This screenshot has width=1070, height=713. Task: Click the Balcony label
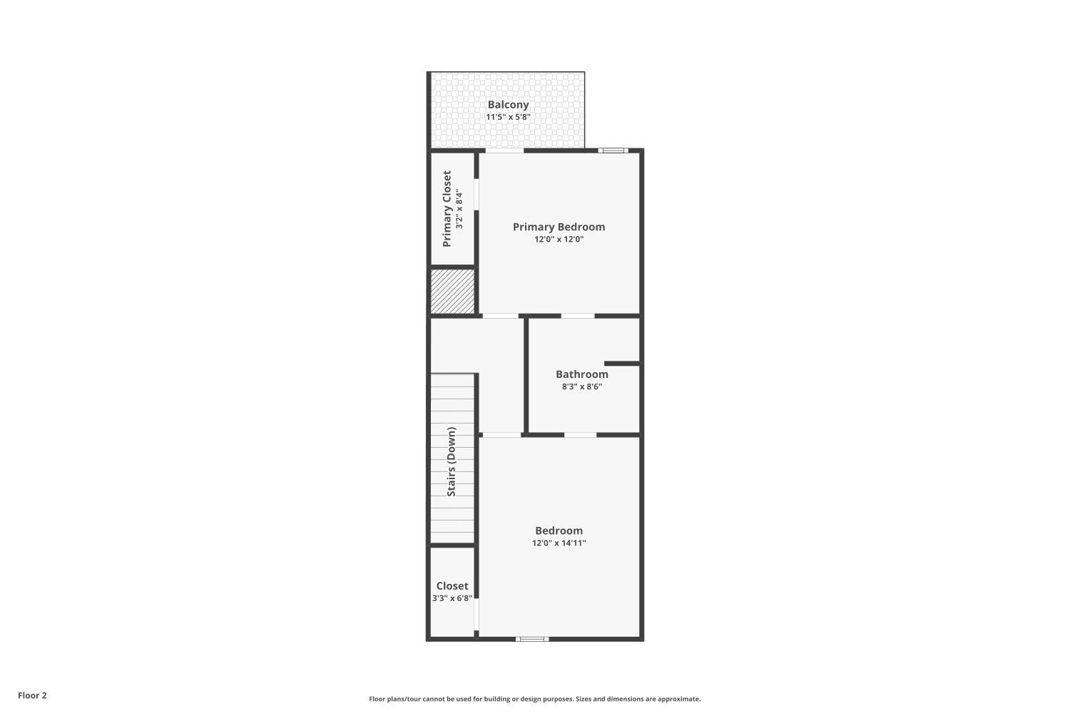coord(508,105)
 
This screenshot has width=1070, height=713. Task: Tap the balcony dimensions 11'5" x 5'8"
coord(508,117)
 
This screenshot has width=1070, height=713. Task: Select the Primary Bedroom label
coord(559,227)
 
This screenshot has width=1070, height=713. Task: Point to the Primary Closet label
coord(447,209)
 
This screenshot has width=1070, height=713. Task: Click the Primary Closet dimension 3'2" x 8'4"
coord(460,209)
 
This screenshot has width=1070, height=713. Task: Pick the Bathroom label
coord(582,374)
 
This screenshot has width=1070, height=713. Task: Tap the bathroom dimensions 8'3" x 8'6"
coord(582,387)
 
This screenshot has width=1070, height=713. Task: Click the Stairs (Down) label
coord(452,462)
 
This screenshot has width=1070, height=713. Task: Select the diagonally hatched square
coord(452,291)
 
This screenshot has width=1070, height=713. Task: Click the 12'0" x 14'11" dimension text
coord(559,543)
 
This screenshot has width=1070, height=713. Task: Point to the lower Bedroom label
coord(559,530)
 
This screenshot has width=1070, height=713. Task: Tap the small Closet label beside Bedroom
coord(452,586)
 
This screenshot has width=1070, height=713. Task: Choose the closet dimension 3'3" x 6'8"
coord(452,599)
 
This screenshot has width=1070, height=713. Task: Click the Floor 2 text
coord(32,696)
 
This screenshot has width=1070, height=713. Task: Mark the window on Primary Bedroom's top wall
coord(612,150)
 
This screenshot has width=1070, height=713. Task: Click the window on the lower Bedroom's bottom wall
coord(532,639)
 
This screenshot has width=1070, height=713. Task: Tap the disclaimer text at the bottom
coord(534,699)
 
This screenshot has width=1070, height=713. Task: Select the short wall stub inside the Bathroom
coord(621,364)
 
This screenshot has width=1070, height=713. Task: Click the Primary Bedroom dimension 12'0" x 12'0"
coord(559,240)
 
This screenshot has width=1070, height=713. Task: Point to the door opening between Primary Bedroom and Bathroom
coord(577,316)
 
